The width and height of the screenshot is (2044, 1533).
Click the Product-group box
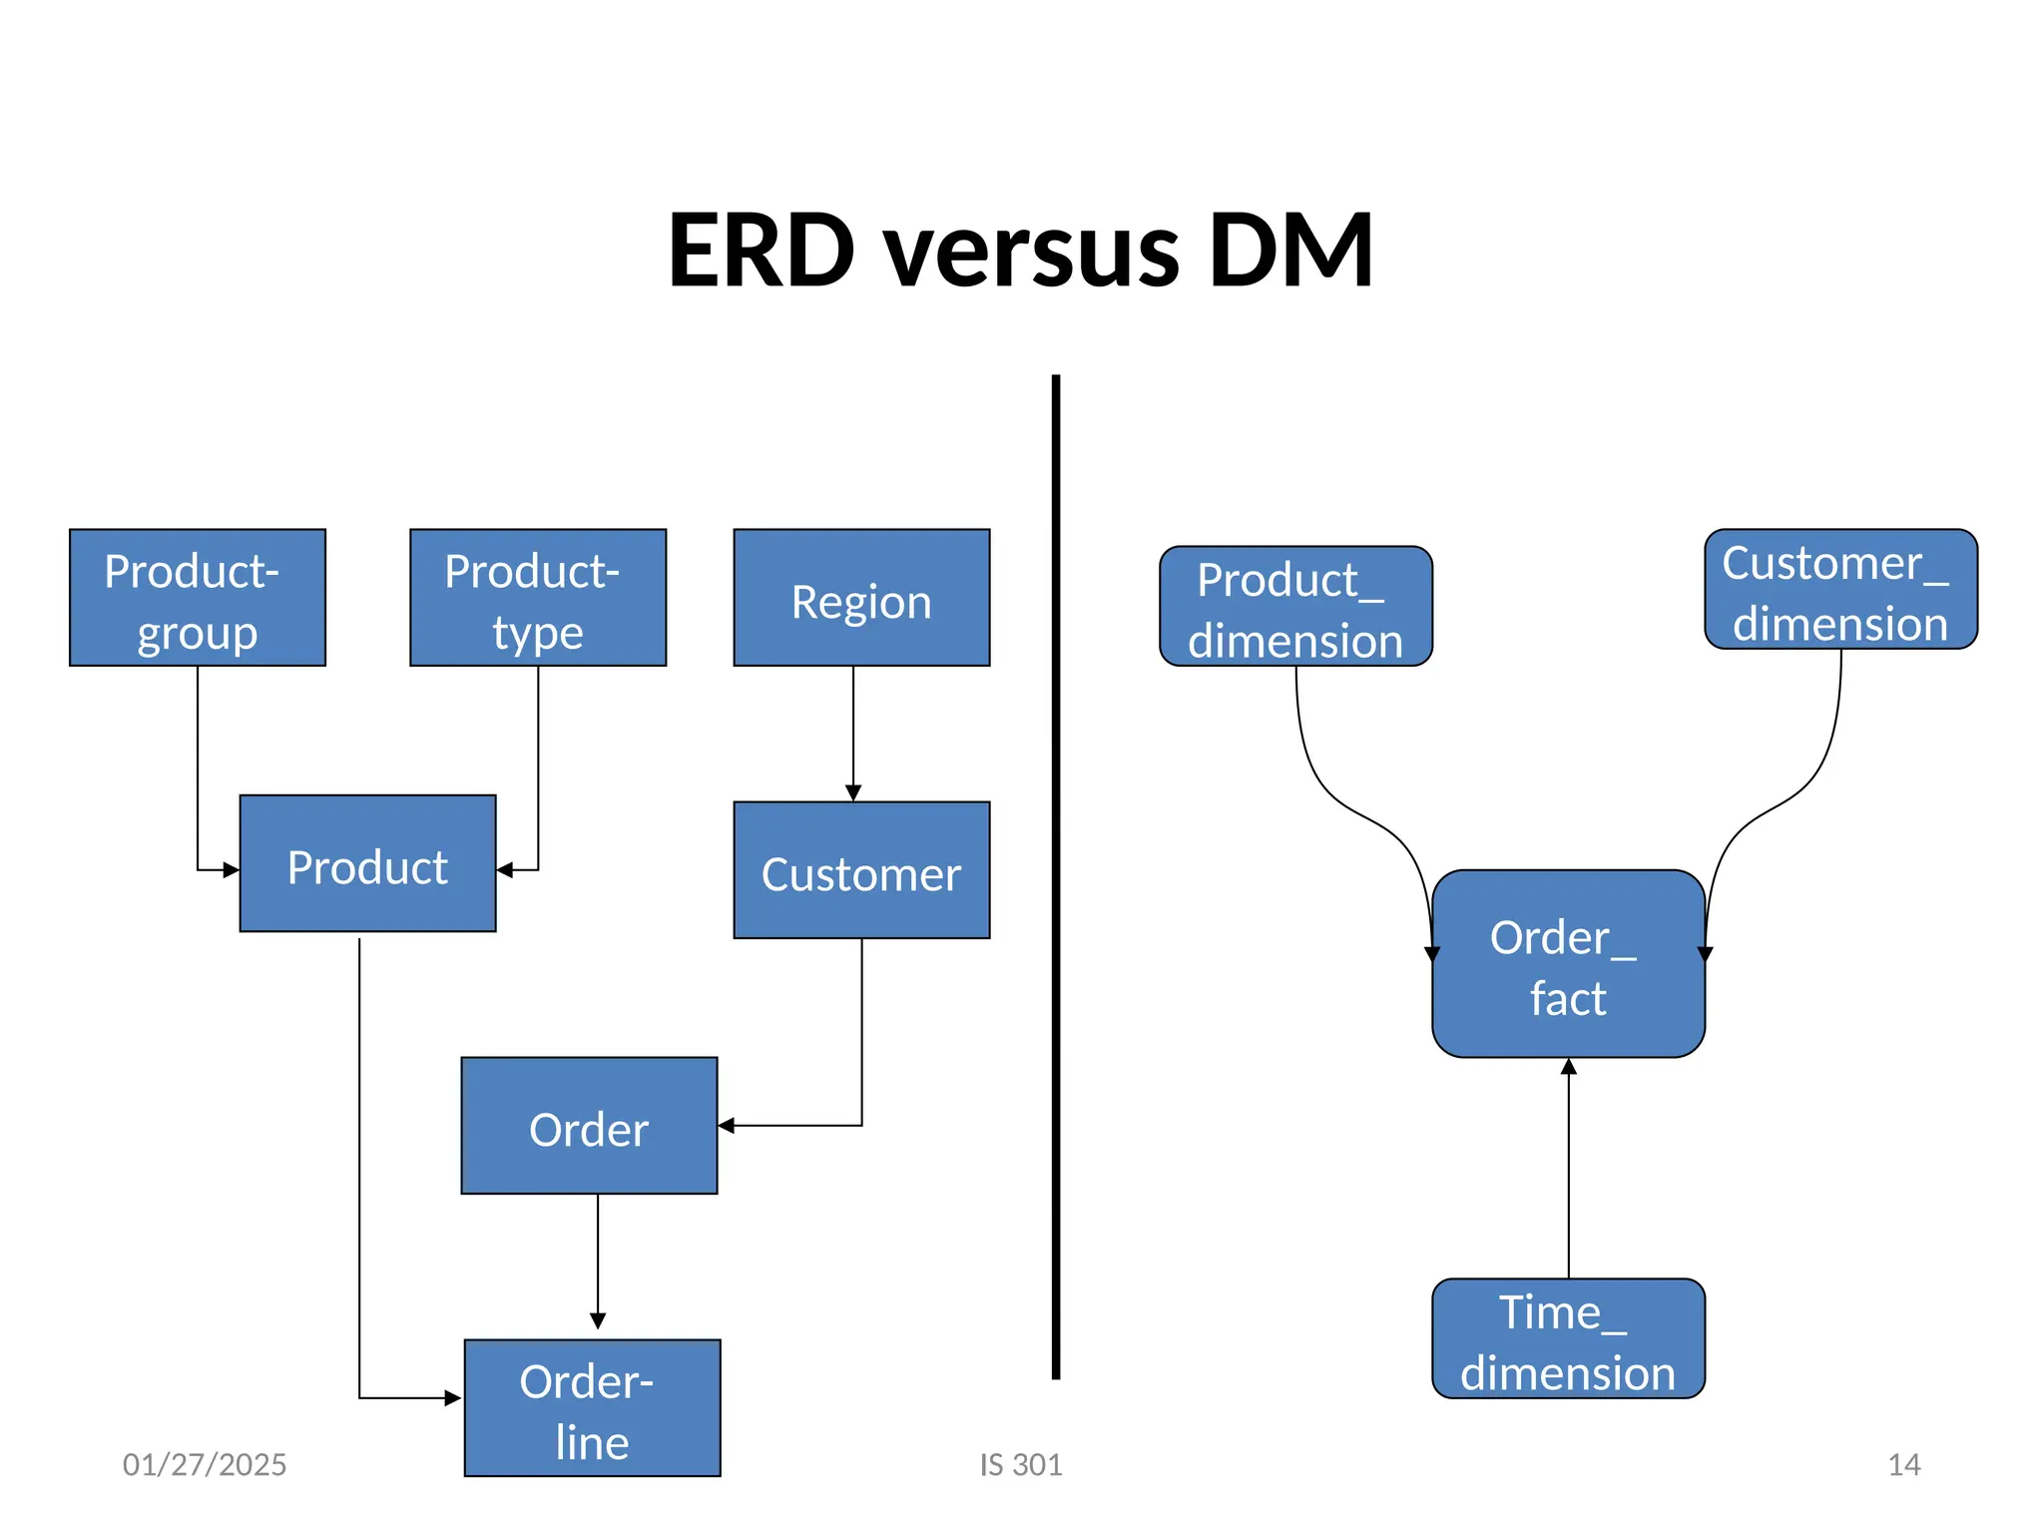[x=197, y=597]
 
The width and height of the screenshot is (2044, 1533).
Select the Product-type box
[x=537, y=597]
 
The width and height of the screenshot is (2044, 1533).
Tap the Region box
[x=860, y=597]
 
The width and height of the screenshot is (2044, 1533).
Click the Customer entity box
[x=860, y=869]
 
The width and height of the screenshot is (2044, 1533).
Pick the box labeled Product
[x=367, y=862]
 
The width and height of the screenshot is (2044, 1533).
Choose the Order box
[x=589, y=1125]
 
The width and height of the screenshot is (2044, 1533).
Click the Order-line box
[x=592, y=1407]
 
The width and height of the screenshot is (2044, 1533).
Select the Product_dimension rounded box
[x=1295, y=606]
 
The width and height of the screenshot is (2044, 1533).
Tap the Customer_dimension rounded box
[x=1840, y=589]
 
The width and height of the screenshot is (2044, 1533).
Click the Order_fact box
[x=1568, y=963]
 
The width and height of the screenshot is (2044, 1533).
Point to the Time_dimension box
[x=1568, y=1337]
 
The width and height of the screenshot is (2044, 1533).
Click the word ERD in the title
[x=761, y=250]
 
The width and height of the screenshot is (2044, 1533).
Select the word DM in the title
[x=1289, y=250]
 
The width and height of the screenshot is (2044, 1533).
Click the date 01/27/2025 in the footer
[x=204, y=1464]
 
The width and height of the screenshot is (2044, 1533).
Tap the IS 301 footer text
[x=1020, y=1464]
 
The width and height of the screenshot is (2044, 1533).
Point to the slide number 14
[x=1903, y=1464]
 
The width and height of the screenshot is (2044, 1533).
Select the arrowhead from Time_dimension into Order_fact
[x=1568, y=1067]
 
